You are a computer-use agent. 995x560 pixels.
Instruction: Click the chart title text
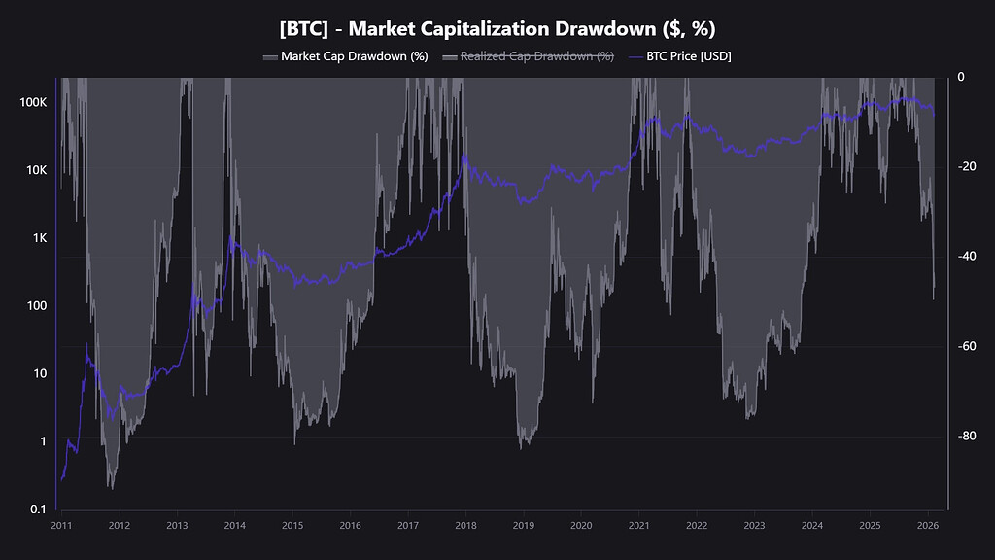(497, 28)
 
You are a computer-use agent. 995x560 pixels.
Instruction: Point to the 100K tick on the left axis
(33, 102)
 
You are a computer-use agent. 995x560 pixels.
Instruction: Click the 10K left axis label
(36, 170)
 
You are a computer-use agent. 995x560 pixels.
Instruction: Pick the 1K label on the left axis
(39, 238)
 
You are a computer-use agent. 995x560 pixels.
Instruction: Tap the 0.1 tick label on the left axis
(38, 509)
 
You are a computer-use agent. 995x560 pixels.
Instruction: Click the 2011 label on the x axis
(61, 525)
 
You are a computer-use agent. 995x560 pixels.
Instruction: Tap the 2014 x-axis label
(234, 525)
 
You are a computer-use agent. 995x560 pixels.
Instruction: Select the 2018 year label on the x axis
(465, 525)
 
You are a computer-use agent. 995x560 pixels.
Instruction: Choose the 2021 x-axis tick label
(638, 525)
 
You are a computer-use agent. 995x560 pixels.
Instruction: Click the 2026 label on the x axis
(927, 525)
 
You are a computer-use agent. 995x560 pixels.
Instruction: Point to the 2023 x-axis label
(754, 525)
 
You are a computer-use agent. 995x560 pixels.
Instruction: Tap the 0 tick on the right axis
(960, 77)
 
